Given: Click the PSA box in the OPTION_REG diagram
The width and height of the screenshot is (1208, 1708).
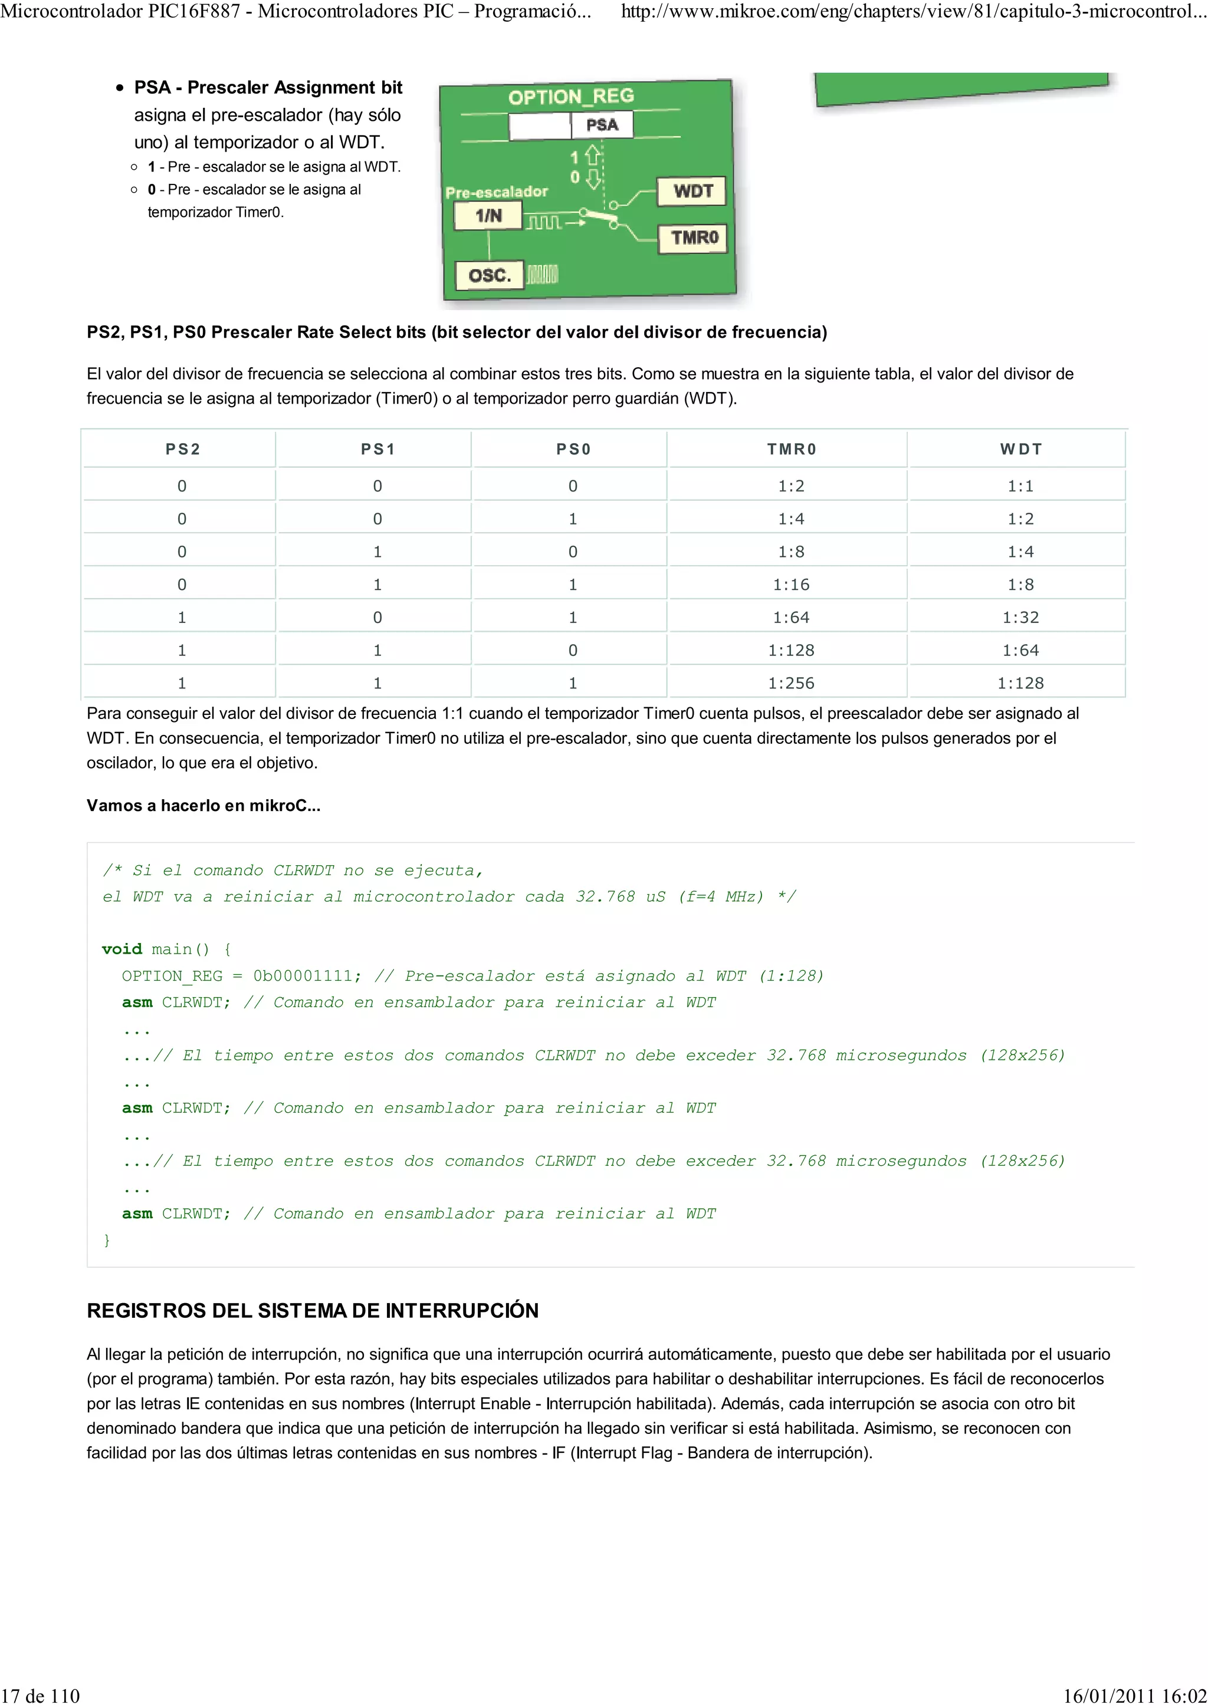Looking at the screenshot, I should [x=602, y=125].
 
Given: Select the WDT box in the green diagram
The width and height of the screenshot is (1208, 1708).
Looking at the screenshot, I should [x=692, y=191].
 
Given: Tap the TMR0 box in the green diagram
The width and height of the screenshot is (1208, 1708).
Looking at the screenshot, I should [x=694, y=238].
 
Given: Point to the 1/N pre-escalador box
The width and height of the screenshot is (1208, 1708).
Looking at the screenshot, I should [x=488, y=216].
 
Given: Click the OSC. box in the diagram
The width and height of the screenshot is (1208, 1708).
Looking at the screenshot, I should [x=489, y=275].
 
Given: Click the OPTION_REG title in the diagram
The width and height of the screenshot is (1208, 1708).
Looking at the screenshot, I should [x=571, y=97].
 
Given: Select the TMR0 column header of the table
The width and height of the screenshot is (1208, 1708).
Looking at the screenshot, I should [x=791, y=449].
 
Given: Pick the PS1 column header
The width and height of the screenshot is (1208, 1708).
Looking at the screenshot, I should [x=377, y=449].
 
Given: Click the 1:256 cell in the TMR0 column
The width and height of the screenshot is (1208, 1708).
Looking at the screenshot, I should [x=791, y=683].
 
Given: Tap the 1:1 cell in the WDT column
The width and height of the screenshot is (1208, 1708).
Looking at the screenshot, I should [x=1020, y=486].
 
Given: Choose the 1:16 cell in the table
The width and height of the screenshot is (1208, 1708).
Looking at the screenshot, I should [x=790, y=585].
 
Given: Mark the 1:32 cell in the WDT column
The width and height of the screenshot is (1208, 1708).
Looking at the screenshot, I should [x=1020, y=618].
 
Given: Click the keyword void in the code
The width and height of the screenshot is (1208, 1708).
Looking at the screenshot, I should [x=122, y=949].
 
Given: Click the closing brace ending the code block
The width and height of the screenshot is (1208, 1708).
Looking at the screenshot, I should [x=106, y=1240].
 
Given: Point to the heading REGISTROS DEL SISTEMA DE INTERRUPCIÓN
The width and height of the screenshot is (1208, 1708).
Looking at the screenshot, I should [x=313, y=1311].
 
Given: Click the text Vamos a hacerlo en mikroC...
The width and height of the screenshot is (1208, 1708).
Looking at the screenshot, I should [x=203, y=806].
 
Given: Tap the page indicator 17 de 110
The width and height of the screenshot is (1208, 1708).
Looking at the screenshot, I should [x=41, y=1696].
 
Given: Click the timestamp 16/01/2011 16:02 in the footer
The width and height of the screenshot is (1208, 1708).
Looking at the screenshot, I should [x=1134, y=1696].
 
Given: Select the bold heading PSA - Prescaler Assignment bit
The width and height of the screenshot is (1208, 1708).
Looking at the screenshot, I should [x=268, y=88].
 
